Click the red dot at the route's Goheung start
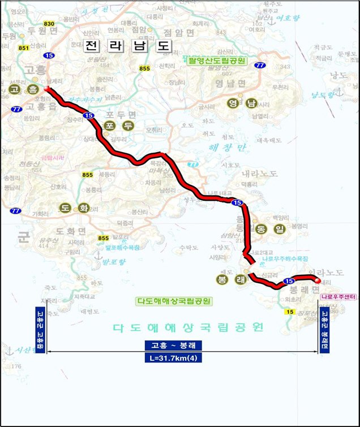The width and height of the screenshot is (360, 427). tap(46, 89)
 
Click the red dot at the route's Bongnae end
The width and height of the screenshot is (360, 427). tap(318, 281)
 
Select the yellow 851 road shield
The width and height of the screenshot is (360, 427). tap(23, 48)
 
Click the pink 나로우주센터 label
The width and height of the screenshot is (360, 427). tap(337, 296)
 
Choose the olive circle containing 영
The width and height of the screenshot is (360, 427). tap(232, 103)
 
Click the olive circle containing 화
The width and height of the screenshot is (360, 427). tap(83, 208)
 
